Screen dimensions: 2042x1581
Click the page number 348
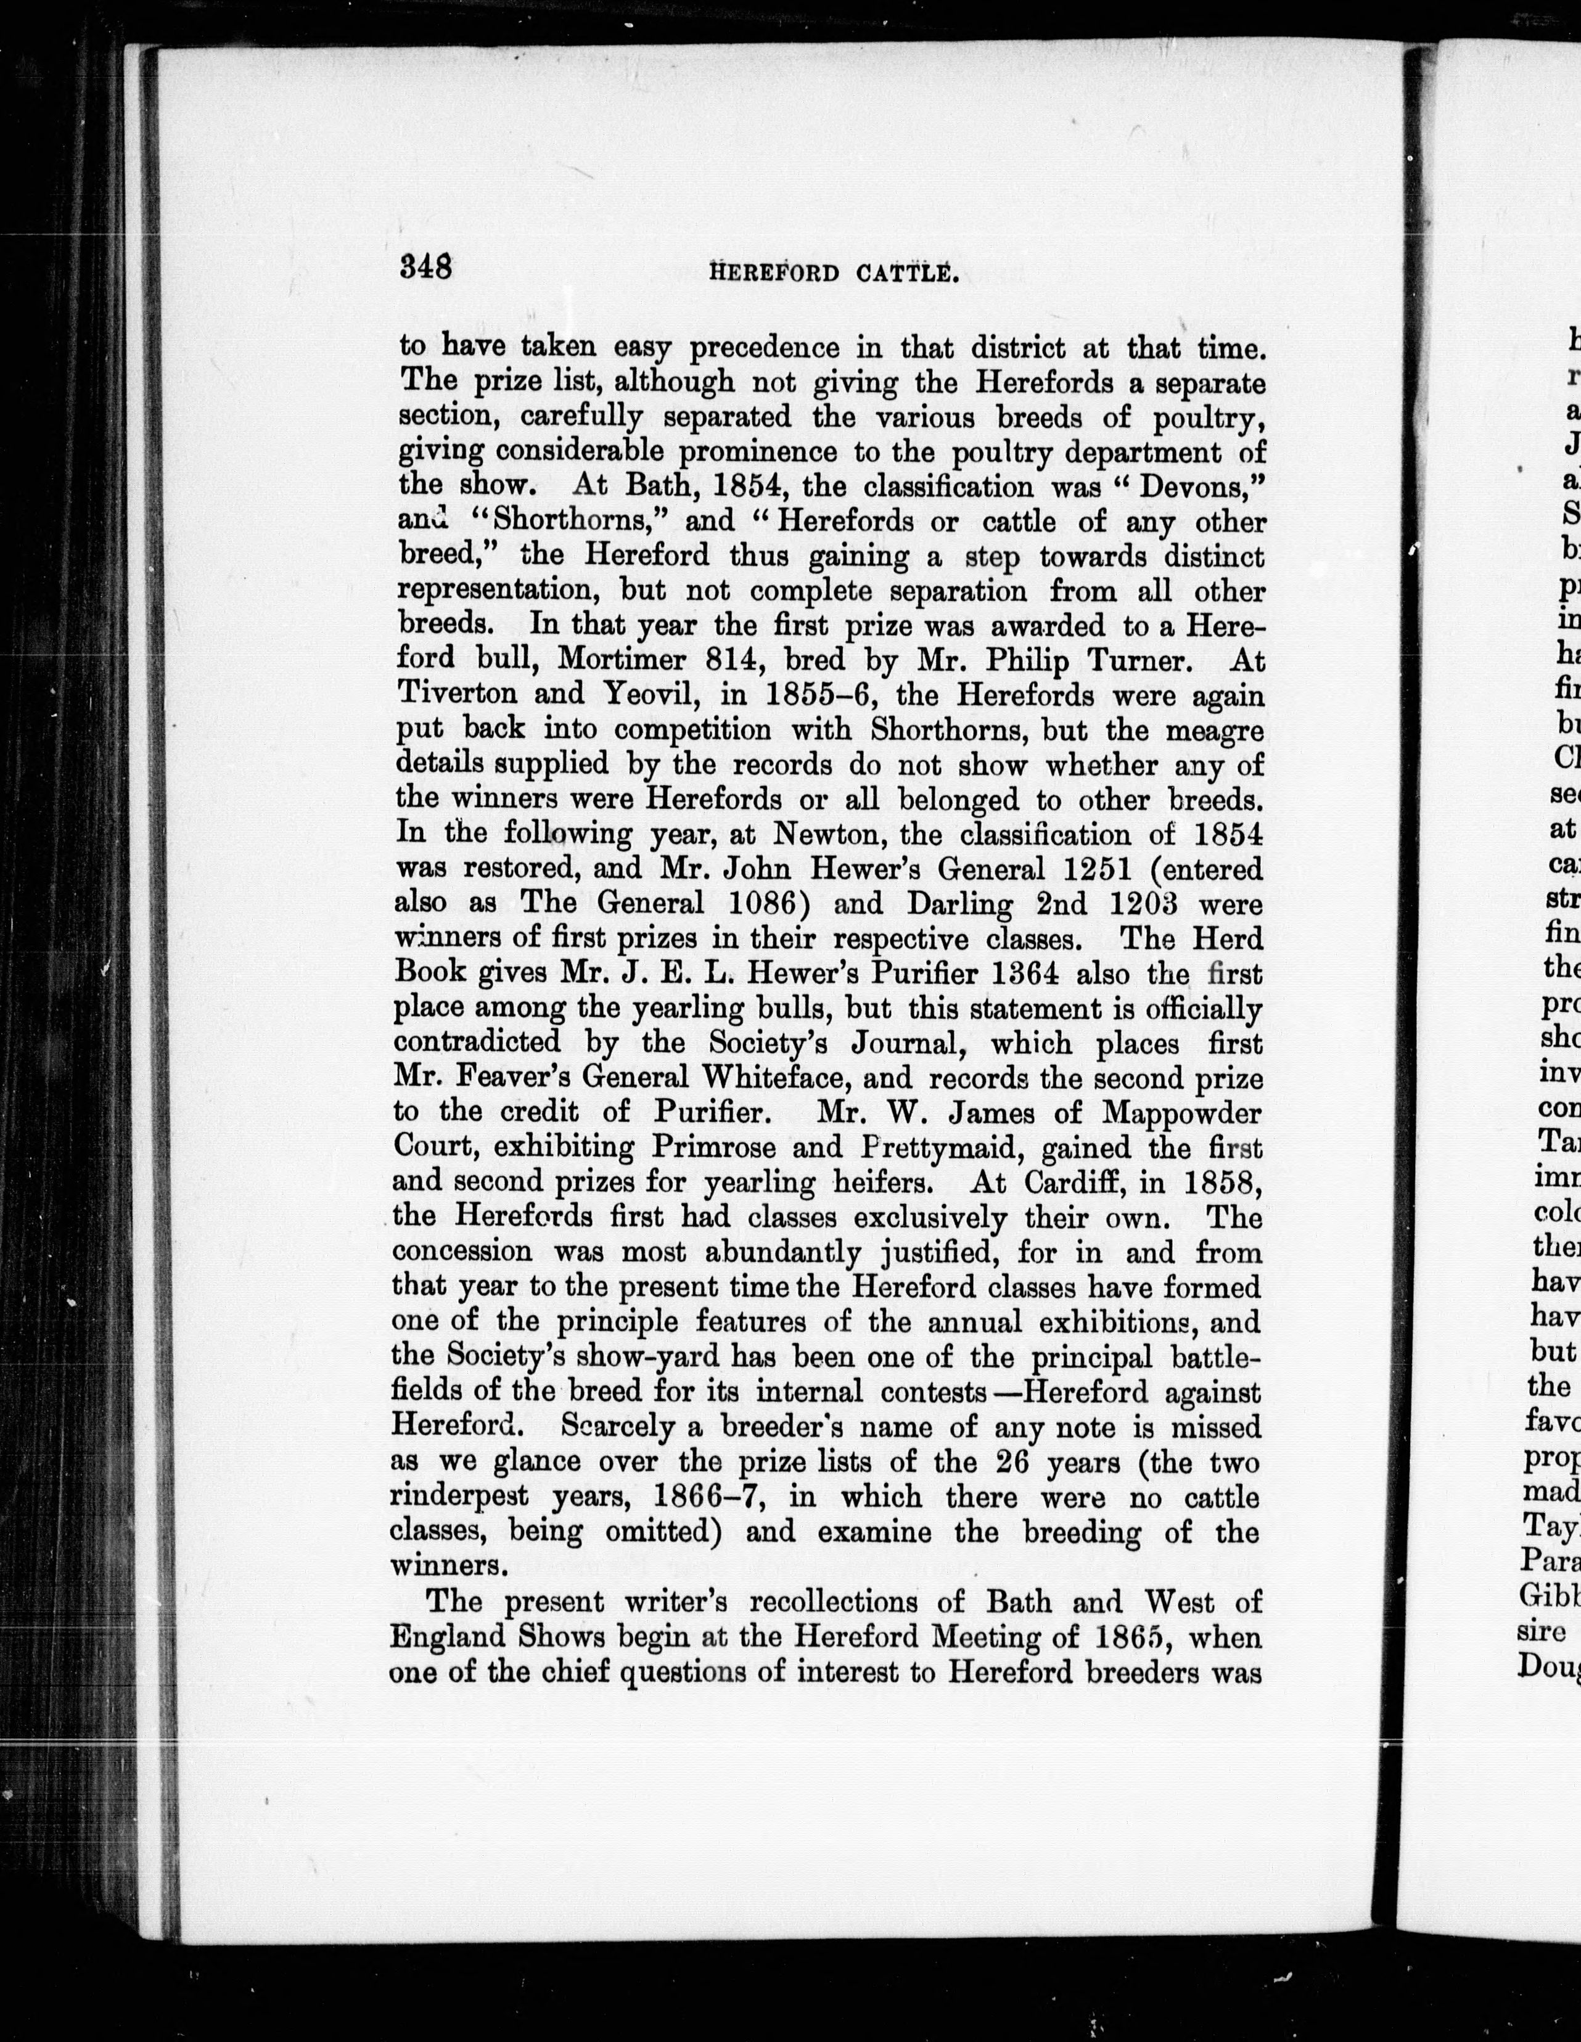pyautogui.click(x=426, y=268)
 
